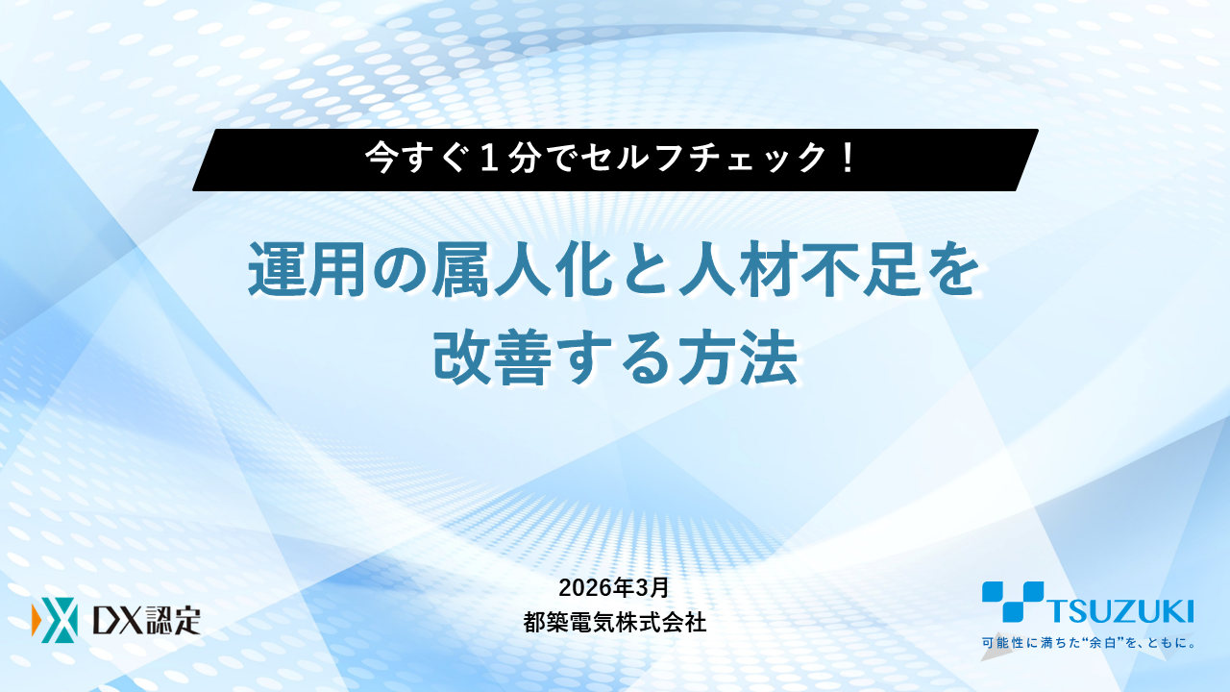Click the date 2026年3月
pos(614,587)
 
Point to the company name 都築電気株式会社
pos(614,623)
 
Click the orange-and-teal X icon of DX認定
pos(54,622)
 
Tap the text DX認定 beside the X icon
pos(145,622)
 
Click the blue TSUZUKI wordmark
pos(1119,611)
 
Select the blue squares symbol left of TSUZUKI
pos(1012,601)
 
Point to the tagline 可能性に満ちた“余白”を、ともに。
pos(1087,643)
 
